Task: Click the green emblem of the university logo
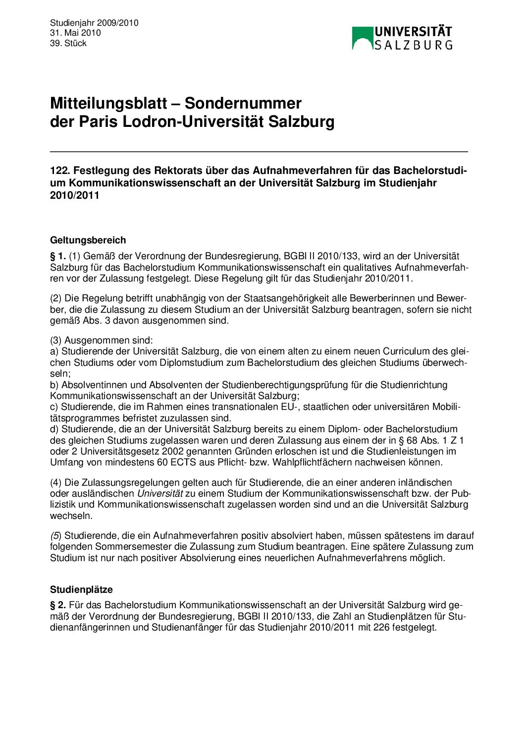coord(362,38)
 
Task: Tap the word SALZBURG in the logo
coord(413,45)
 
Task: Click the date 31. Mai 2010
coord(75,33)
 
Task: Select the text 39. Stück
coord(68,43)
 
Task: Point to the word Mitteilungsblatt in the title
coord(108,103)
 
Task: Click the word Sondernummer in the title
coord(243,103)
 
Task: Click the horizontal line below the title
coord(259,152)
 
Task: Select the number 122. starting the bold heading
coord(60,171)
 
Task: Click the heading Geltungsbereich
coord(88,240)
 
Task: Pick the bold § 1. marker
coord(58,256)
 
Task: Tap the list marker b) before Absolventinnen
coord(54,385)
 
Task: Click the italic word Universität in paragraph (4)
coord(160,494)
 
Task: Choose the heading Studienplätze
coord(81,590)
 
